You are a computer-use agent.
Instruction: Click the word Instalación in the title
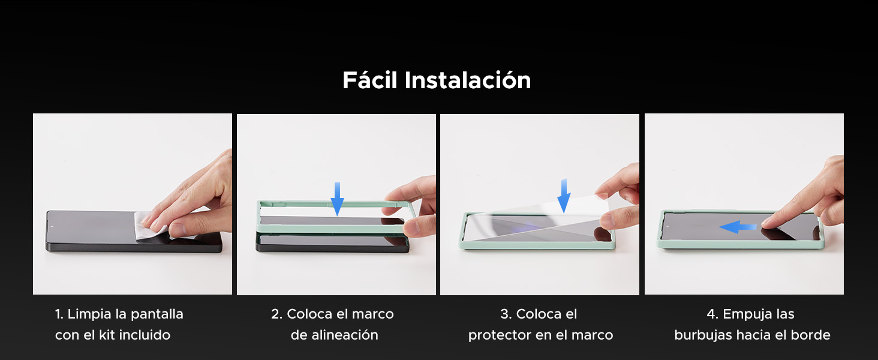(468, 80)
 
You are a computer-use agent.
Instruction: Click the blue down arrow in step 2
(337, 198)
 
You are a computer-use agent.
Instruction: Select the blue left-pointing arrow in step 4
(738, 227)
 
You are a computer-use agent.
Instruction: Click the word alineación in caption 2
(344, 335)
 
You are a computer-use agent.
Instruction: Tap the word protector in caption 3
(497, 335)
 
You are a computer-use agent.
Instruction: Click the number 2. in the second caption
(276, 314)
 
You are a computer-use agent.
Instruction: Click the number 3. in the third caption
(506, 314)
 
